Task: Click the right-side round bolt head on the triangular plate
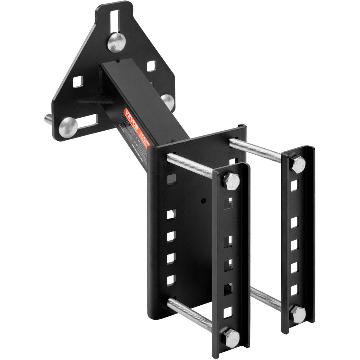point(167,101)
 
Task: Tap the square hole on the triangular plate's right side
point(151,66)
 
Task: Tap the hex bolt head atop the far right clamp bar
point(298,164)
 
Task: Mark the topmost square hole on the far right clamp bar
point(294,186)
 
